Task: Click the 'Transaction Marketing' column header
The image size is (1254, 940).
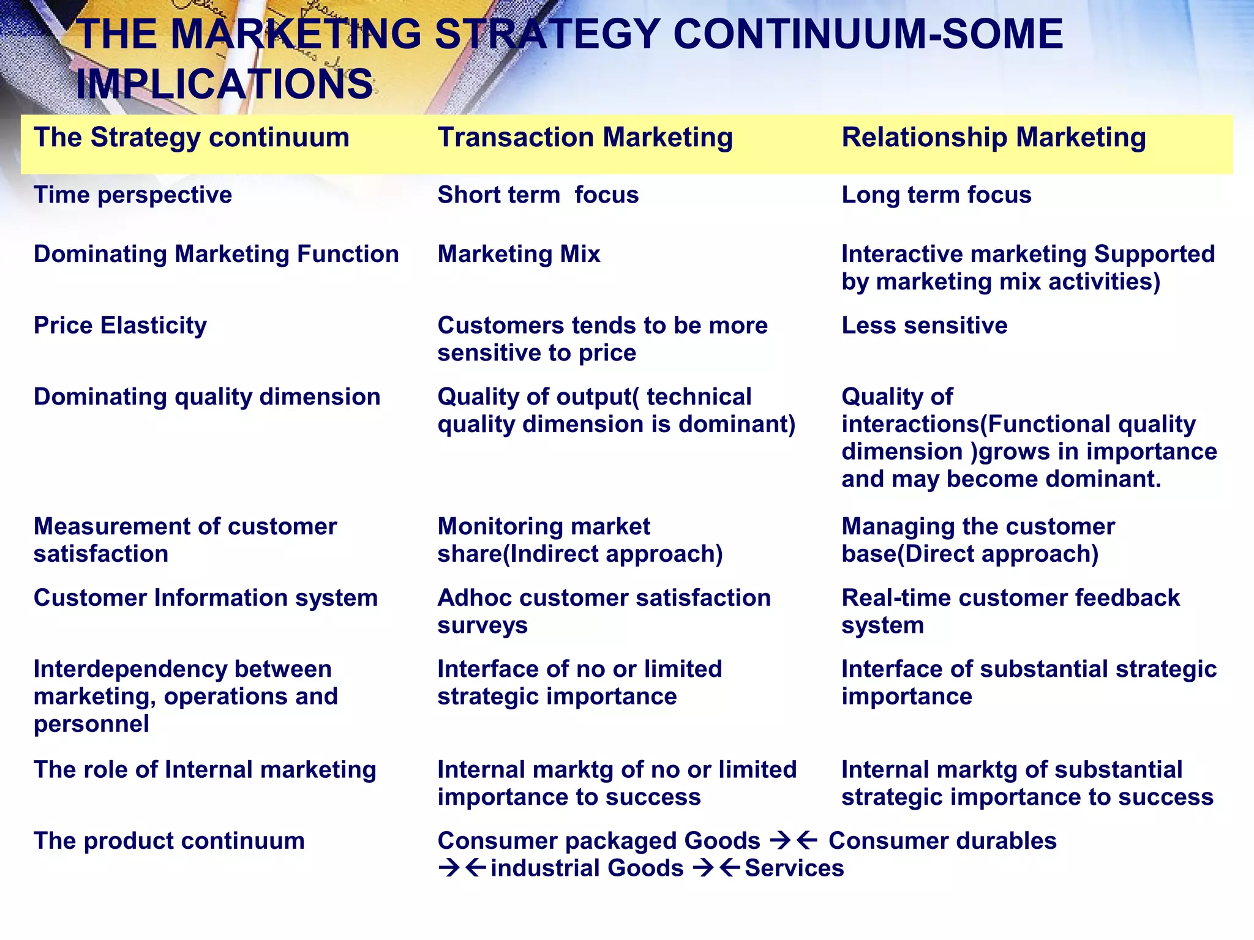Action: click(585, 138)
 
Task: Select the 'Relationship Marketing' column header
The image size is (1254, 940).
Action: click(993, 138)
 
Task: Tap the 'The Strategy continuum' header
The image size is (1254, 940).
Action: click(191, 138)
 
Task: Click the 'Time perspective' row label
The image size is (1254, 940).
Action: click(133, 195)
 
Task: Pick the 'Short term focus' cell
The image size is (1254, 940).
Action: click(538, 195)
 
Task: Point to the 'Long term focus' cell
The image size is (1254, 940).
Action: click(936, 195)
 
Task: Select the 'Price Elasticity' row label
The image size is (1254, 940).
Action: click(120, 326)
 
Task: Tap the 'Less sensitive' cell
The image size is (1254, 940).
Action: click(924, 326)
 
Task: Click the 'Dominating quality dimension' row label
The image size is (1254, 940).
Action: click(207, 397)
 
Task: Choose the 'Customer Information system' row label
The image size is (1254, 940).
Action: click(206, 598)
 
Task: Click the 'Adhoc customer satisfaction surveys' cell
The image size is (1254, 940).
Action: click(603, 611)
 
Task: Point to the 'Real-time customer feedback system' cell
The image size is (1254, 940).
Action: click(1010, 611)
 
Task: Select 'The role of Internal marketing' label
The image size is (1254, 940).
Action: click(205, 770)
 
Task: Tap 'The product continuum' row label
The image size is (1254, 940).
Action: click(169, 841)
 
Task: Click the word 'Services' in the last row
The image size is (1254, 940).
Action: click(794, 868)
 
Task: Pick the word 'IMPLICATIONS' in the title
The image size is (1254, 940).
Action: click(224, 84)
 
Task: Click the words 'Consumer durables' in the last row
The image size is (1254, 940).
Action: click(942, 841)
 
